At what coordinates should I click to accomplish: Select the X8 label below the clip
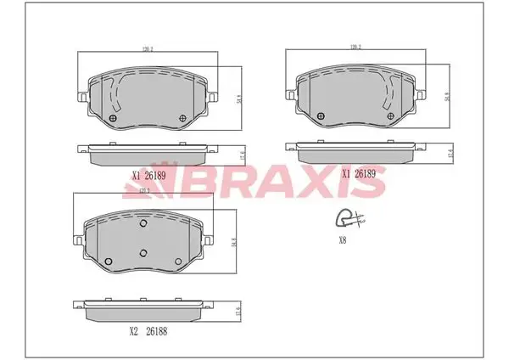[x=344, y=239]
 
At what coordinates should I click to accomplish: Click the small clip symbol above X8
[x=349, y=220]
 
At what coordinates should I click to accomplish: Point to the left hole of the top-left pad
[x=114, y=117]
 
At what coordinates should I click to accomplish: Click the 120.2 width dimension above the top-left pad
[x=149, y=50]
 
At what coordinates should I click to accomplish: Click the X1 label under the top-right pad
[x=347, y=173]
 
